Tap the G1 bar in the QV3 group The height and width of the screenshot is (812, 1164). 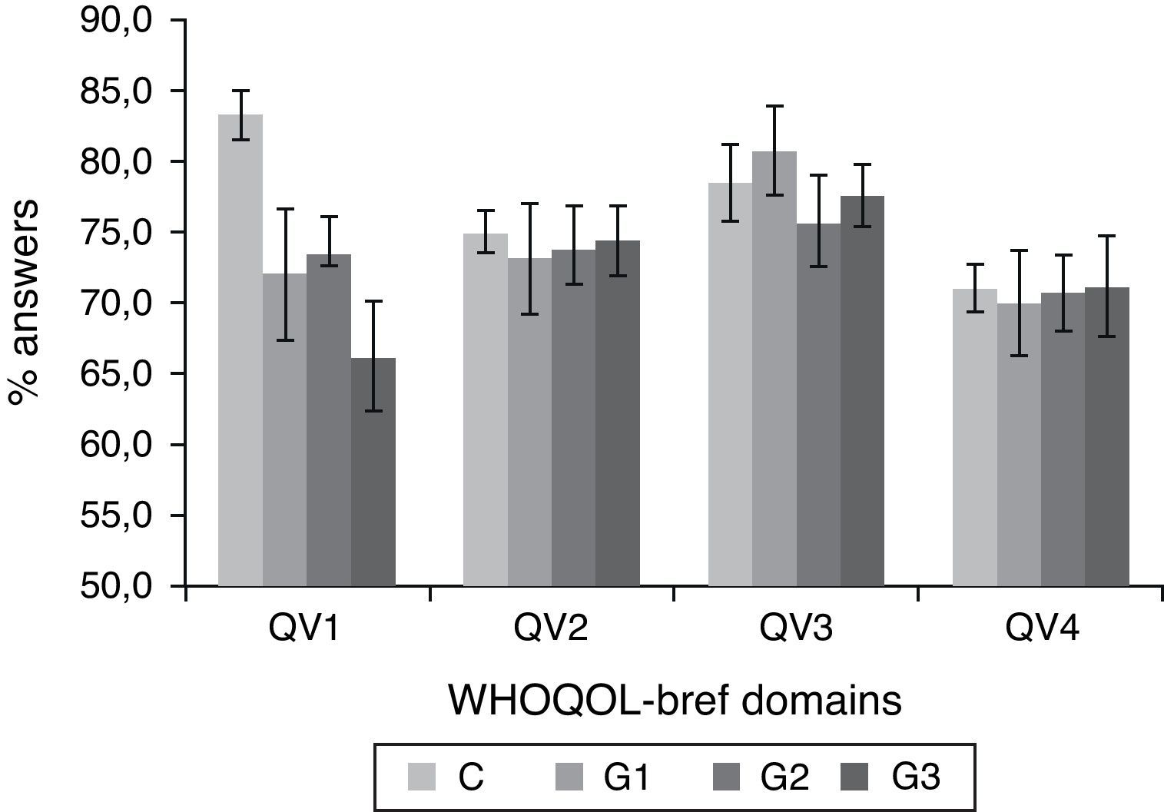(x=774, y=369)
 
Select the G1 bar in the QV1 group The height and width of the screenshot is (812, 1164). (x=285, y=429)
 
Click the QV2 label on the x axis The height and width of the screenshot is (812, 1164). (x=551, y=630)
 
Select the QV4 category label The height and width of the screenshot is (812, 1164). (x=1040, y=630)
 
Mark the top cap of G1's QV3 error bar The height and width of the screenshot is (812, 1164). (x=774, y=106)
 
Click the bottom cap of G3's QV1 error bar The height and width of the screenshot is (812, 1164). (x=373, y=411)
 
